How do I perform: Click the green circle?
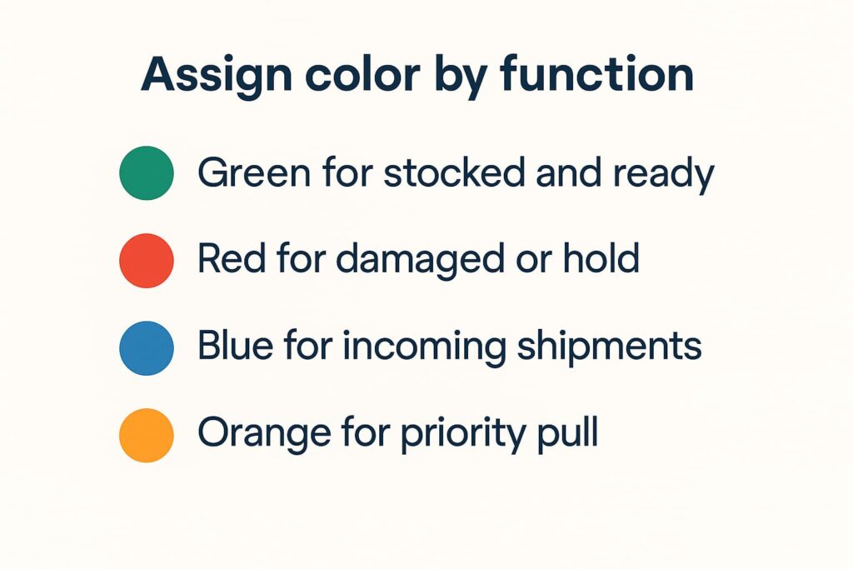tap(147, 173)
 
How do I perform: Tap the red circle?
tap(147, 261)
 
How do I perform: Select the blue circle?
tap(147, 348)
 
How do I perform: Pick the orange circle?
tap(147, 435)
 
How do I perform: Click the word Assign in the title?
tap(217, 76)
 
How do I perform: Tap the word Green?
tap(254, 172)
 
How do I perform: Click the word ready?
tap(663, 175)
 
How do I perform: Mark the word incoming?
tap(424, 347)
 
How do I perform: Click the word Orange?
tap(264, 435)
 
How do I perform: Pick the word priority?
tap(463, 435)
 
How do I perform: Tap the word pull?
tap(567, 434)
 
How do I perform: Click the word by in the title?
tap(460, 76)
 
